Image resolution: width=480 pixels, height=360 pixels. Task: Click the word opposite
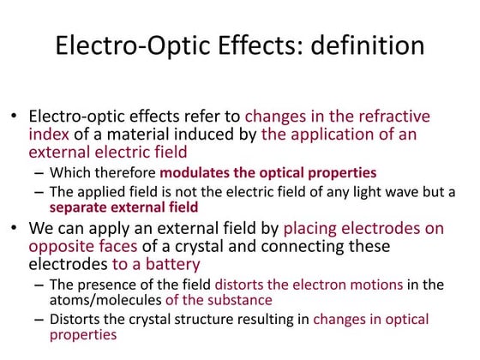coord(60,246)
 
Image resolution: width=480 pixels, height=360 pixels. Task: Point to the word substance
coord(240,300)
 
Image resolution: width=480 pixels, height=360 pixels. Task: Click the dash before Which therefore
coord(39,172)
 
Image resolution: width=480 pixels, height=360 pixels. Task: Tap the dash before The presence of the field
coord(39,285)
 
